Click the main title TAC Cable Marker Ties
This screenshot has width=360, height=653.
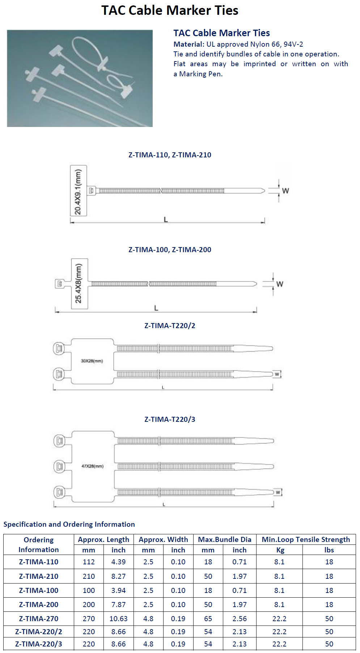[x=170, y=10]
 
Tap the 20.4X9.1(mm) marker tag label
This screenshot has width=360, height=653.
[x=78, y=192]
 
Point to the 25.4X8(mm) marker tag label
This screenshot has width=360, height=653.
[x=79, y=283]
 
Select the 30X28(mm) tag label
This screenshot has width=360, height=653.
[x=92, y=361]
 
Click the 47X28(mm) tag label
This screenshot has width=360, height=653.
[x=93, y=466]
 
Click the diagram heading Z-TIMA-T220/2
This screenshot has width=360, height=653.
[x=170, y=326]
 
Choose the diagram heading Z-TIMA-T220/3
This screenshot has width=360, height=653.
[x=170, y=419]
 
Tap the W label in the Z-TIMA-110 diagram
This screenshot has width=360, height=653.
[x=285, y=191]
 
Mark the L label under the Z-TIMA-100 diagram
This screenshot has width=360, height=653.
[x=156, y=308]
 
